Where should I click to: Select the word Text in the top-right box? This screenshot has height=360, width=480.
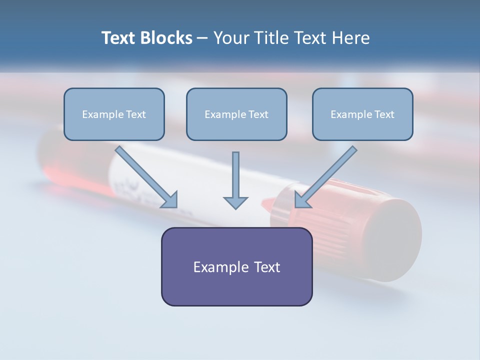coord(384,114)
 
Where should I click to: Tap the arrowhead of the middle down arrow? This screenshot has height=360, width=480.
coord(235,202)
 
